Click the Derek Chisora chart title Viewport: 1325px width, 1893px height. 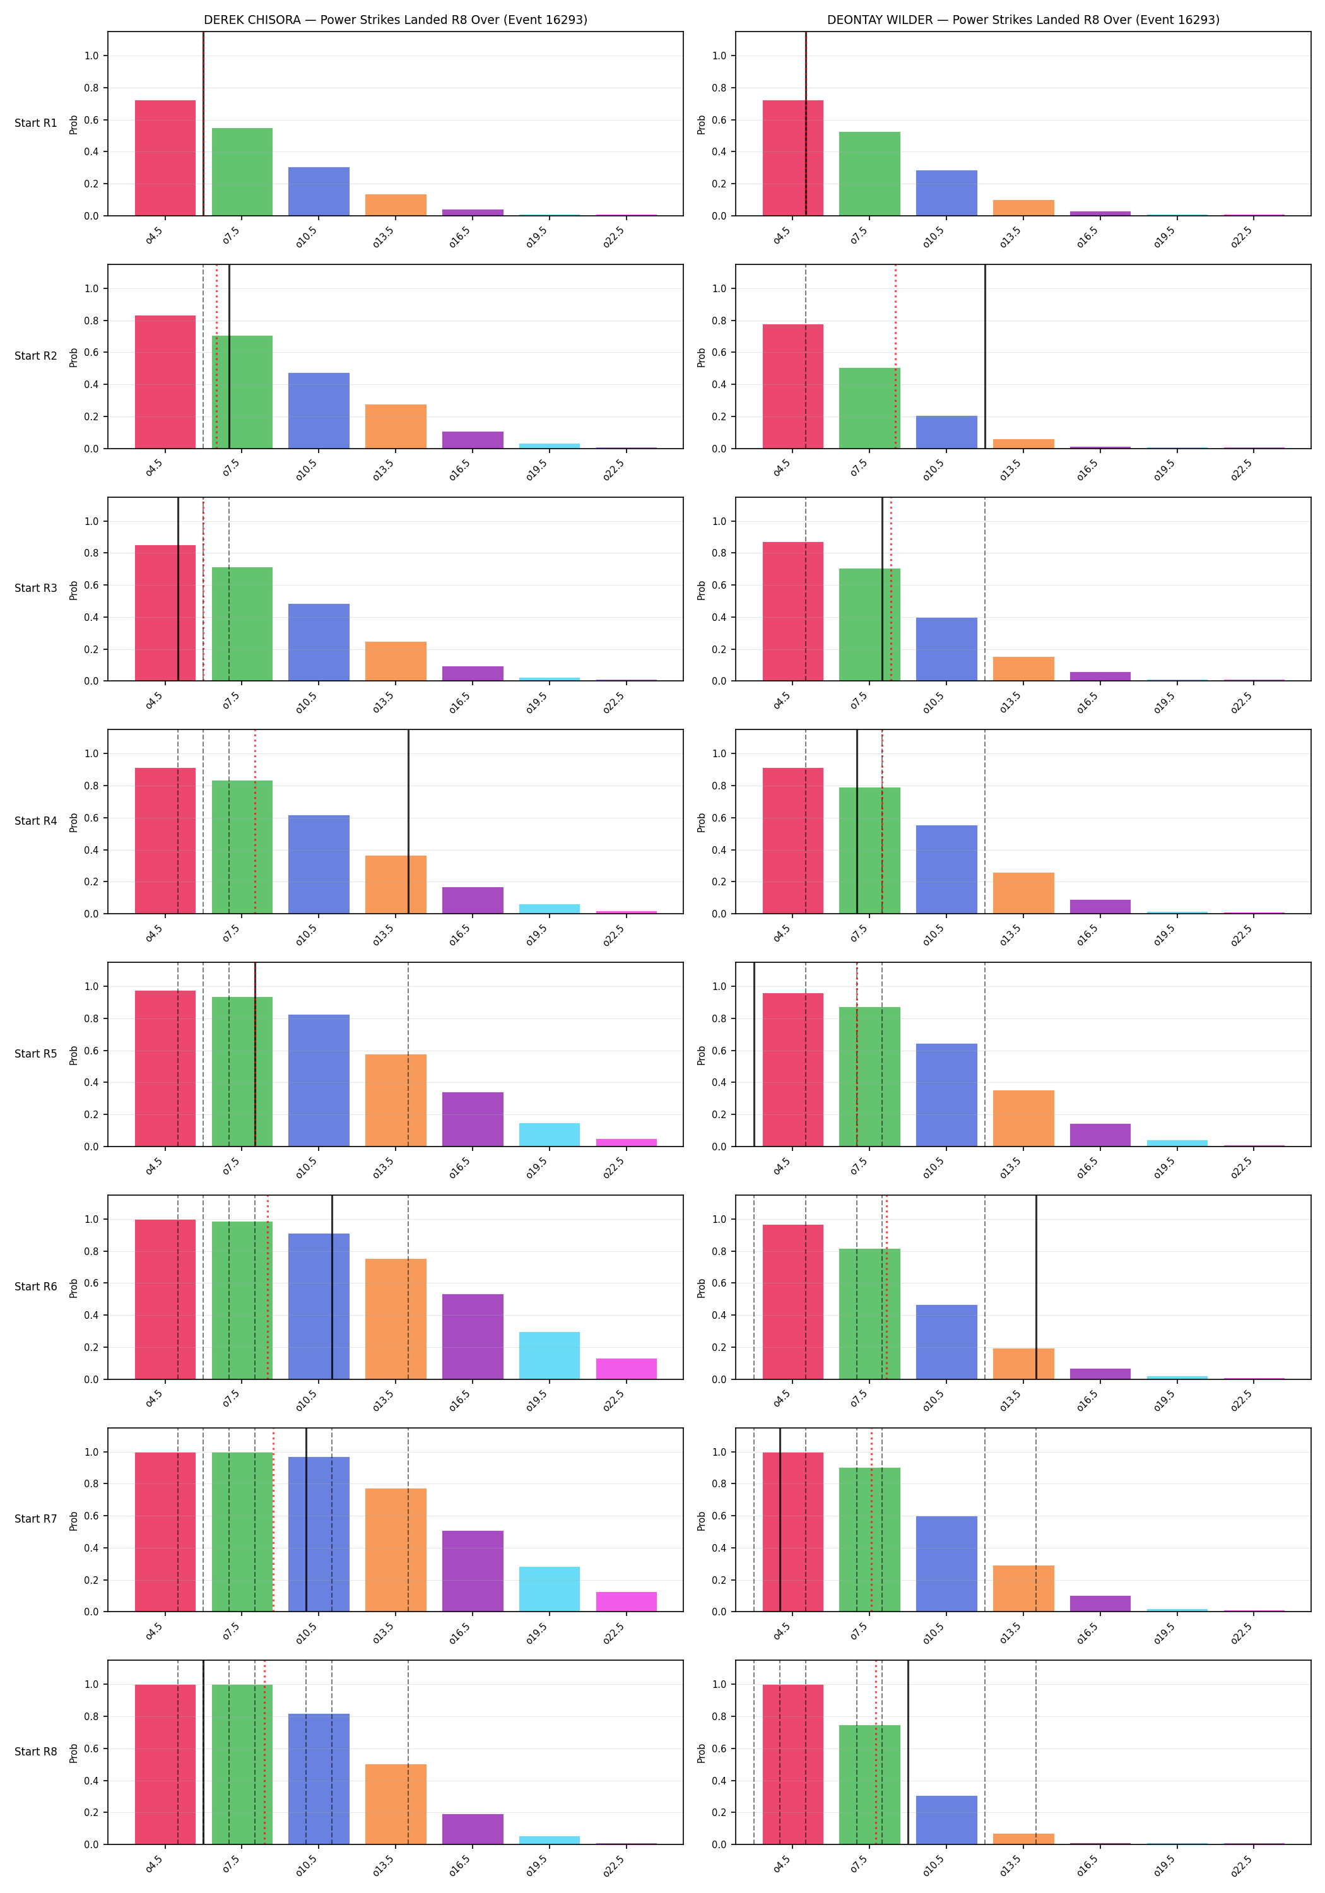(396, 20)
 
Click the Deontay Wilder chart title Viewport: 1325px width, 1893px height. (1023, 20)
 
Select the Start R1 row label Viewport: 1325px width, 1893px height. (36, 124)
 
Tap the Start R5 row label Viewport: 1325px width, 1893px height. (36, 1054)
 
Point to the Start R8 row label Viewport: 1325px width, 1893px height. (36, 1751)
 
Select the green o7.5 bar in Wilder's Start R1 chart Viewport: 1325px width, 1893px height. (870, 174)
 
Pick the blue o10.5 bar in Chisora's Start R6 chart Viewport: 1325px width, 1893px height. (319, 1306)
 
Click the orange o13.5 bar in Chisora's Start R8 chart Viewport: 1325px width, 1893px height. (396, 1804)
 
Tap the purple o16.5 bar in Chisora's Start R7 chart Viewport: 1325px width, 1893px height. (473, 1571)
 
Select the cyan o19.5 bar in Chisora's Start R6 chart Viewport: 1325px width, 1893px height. (549, 1355)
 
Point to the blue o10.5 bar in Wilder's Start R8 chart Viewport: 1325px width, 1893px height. (946, 1820)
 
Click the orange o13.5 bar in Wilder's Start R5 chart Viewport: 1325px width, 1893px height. (1023, 1118)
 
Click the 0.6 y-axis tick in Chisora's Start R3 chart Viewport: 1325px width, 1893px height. (91, 586)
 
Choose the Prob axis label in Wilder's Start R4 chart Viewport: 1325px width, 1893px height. (702, 822)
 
